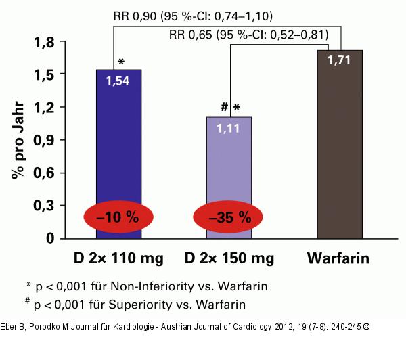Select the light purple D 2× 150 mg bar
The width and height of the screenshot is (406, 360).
(x=228, y=169)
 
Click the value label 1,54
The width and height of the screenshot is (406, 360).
(x=118, y=81)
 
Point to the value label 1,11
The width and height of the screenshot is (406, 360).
(x=228, y=128)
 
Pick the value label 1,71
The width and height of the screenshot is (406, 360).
(x=339, y=62)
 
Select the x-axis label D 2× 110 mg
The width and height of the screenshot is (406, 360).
(x=118, y=259)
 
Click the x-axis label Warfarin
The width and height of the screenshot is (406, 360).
(x=339, y=259)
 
